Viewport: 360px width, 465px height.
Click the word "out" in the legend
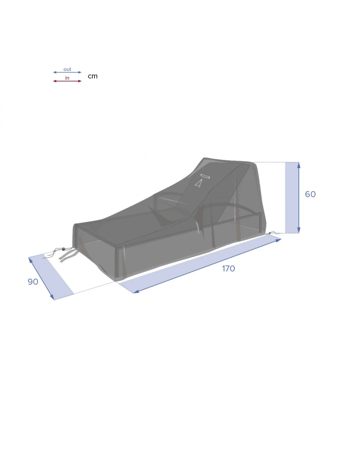coord(67,69)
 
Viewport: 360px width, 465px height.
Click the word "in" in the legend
coord(67,78)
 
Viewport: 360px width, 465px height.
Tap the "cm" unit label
coord(93,76)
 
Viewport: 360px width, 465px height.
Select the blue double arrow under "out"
coord(67,72)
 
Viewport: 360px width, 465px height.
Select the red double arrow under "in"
coord(67,81)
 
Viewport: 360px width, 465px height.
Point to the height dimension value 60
coord(310,194)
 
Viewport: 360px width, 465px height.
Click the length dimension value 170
coord(228,268)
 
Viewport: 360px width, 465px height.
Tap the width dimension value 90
coord(33,282)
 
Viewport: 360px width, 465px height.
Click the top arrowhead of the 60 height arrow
coord(299,165)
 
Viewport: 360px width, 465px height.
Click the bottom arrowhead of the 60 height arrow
coord(299,230)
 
